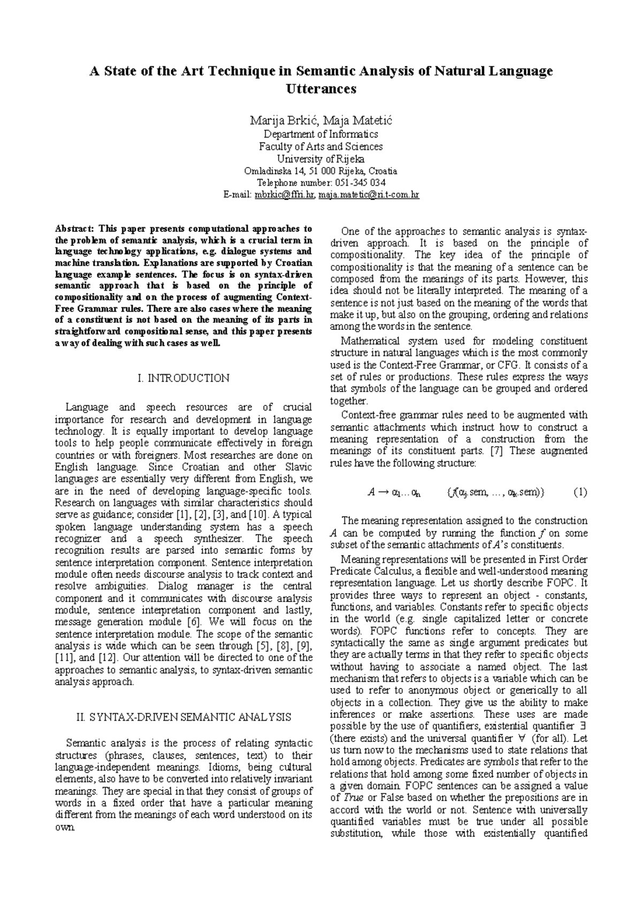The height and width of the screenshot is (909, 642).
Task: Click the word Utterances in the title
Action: click(321, 89)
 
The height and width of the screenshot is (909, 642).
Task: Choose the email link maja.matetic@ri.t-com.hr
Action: click(369, 195)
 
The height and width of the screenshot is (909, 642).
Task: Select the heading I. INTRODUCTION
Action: click(184, 378)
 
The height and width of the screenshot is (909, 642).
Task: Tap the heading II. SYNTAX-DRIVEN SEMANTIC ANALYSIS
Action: click(184, 717)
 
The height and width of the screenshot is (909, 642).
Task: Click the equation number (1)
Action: click(580, 493)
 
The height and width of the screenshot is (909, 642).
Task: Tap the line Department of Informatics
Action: click(321, 134)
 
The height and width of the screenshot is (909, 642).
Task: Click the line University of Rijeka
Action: click(321, 159)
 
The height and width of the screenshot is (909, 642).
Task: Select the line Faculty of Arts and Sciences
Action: click(321, 147)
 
